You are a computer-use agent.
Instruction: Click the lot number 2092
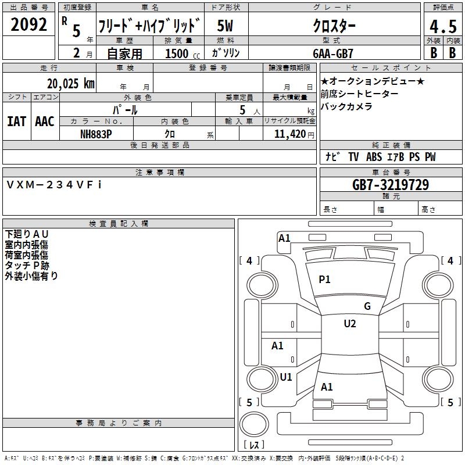pyautogui.click(x=28, y=24)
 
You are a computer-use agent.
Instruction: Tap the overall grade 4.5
pyautogui.click(x=443, y=27)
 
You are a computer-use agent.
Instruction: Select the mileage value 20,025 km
pyautogui.click(x=71, y=84)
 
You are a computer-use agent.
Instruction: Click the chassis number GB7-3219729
pyautogui.click(x=391, y=185)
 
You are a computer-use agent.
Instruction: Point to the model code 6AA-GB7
pyautogui.click(x=333, y=53)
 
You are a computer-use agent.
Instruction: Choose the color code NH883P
pyautogui.click(x=96, y=134)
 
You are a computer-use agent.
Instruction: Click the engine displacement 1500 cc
pyautogui.click(x=183, y=53)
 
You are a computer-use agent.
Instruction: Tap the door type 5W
pyautogui.click(x=225, y=26)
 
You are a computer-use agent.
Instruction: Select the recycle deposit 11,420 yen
pyautogui.click(x=294, y=134)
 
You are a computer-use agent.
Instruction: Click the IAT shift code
pyautogui.click(x=16, y=121)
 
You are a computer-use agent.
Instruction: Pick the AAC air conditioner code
pyautogui.click(x=45, y=121)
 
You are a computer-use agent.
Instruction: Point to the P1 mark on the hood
pyautogui.click(x=324, y=280)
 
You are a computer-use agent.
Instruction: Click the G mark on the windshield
pyautogui.click(x=367, y=306)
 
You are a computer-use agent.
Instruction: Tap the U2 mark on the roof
pyautogui.click(x=350, y=324)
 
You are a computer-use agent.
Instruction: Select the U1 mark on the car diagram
pyautogui.click(x=286, y=377)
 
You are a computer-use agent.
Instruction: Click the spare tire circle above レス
pyautogui.click(x=254, y=424)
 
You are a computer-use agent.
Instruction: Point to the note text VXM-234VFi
pyautogui.click(x=54, y=185)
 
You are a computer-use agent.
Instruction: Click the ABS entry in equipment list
pyautogui.click(x=374, y=157)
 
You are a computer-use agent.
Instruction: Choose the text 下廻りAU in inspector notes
pyautogui.click(x=26, y=234)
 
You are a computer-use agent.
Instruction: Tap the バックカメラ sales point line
pyautogui.click(x=346, y=106)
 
